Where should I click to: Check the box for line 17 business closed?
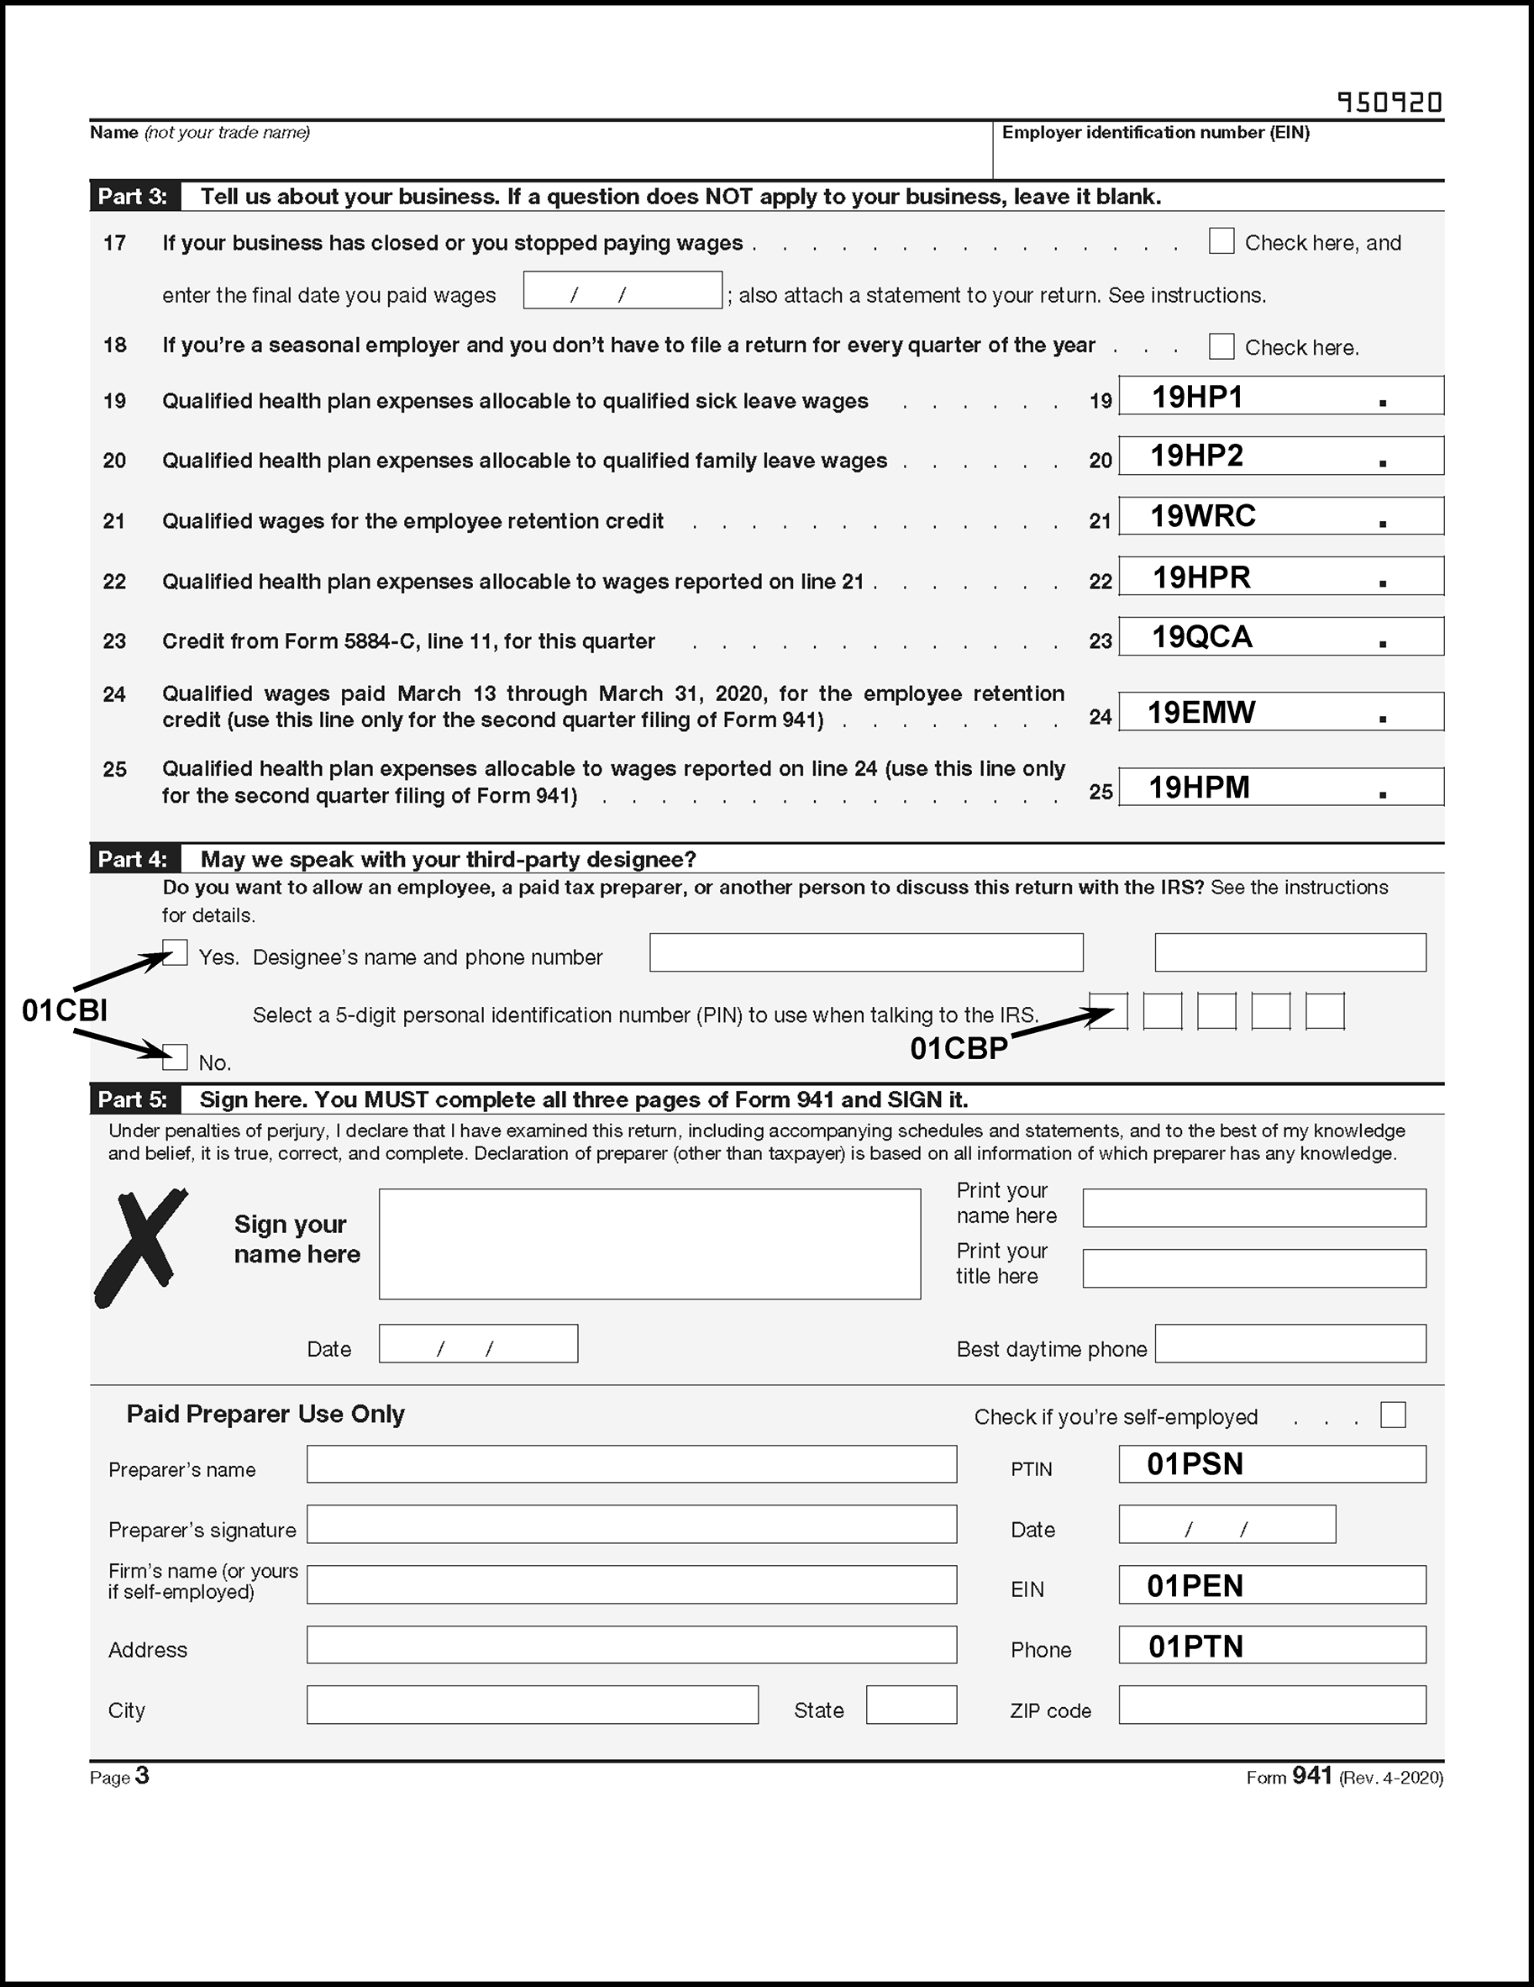(1221, 241)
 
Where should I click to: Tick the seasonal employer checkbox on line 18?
(1221, 346)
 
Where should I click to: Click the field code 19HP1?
(1196, 397)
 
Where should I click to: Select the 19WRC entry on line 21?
(1202, 516)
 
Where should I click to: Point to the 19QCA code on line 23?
(1201, 637)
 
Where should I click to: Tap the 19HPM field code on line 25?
(1199, 787)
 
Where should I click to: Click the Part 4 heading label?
(133, 859)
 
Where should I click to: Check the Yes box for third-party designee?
(176, 952)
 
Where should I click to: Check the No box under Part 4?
(176, 1057)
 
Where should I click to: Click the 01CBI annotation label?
(65, 1009)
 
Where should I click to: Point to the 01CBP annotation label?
(959, 1049)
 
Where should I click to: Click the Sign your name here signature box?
(649, 1244)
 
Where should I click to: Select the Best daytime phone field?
(1290, 1344)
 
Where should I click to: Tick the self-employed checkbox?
(1392, 1415)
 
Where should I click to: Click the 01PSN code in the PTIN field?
(1194, 1464)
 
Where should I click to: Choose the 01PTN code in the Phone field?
(1195, 1646)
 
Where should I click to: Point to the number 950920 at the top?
(1390, 102)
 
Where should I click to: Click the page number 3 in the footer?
(142, 1775)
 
